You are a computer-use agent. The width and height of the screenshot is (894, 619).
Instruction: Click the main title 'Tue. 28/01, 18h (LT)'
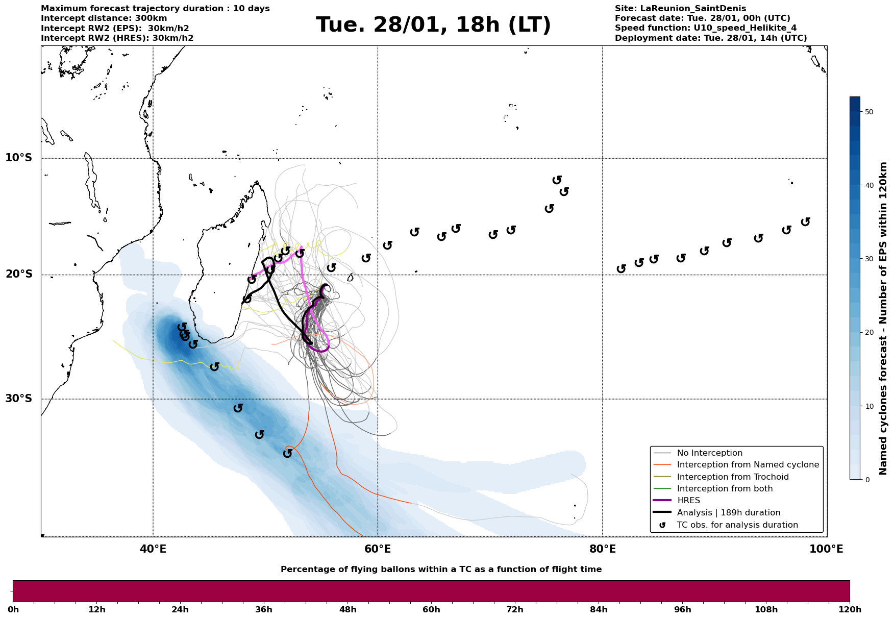433,25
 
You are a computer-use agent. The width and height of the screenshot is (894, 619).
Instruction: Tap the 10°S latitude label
19,158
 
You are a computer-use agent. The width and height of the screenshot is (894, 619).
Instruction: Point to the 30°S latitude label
19,399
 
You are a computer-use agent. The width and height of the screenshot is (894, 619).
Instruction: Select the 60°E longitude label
378,549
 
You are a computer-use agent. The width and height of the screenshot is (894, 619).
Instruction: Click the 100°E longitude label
826,549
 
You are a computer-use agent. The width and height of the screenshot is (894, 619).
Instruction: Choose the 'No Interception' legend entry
709,453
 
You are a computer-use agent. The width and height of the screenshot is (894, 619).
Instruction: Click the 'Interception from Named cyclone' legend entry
748,465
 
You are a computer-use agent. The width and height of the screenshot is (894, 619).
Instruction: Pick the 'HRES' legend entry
688,501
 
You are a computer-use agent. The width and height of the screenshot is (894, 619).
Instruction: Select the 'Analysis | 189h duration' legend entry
728,513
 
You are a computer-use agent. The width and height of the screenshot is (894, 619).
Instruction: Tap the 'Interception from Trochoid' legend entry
732,477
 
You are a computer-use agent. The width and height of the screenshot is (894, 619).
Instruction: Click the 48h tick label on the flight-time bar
347,610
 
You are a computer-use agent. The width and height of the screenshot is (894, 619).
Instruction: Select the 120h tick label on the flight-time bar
849,610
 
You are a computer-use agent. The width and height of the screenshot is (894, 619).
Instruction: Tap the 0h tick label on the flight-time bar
13,610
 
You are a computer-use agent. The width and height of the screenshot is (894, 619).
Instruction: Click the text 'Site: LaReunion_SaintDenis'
680,9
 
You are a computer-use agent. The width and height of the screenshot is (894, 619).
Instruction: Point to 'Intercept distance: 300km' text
104,18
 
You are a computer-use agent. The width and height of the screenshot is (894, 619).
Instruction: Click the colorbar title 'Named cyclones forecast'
883,318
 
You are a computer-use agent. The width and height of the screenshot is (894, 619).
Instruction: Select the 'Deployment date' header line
711,38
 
